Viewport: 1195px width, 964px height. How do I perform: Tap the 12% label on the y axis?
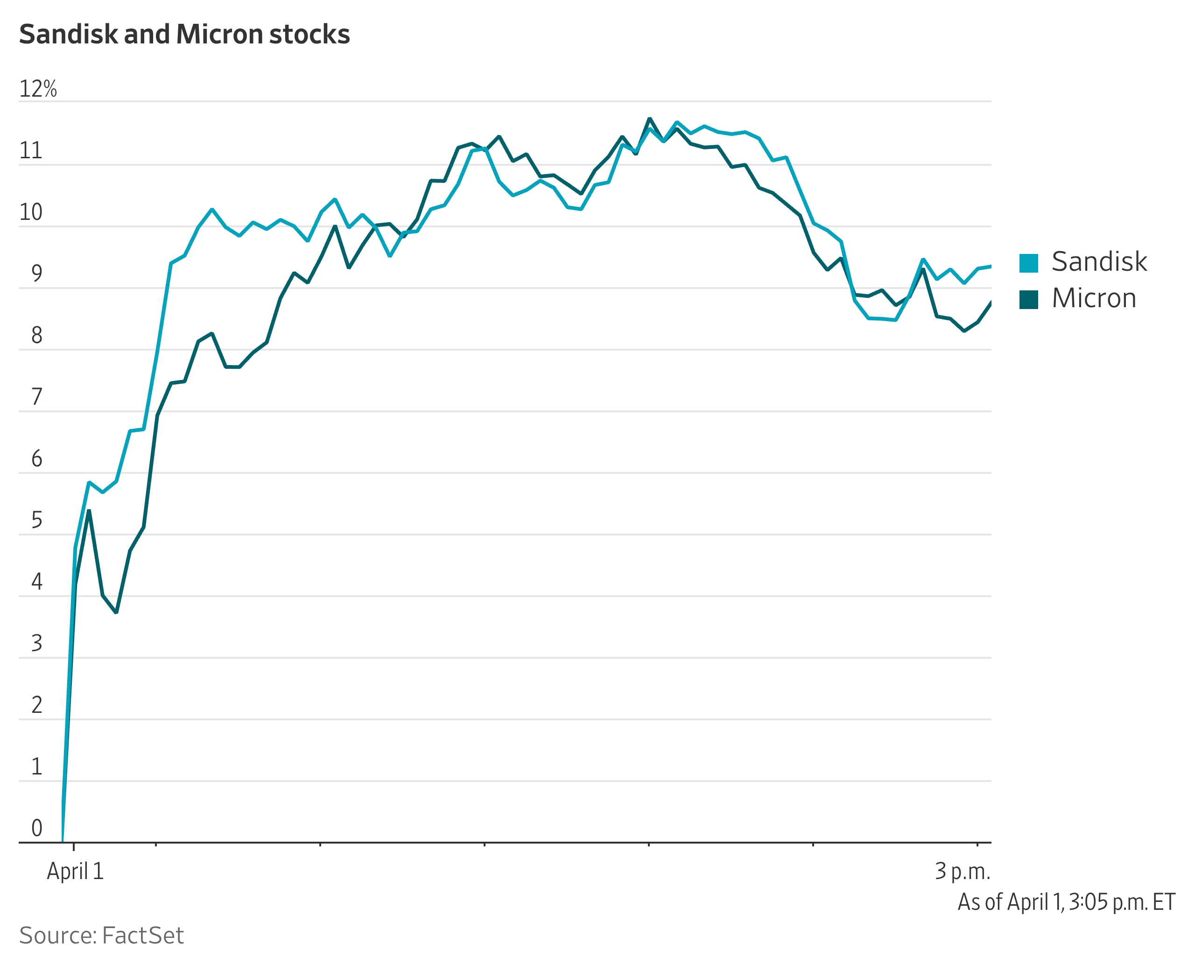coord(38,89)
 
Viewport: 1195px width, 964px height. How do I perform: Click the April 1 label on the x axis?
coord(75,871)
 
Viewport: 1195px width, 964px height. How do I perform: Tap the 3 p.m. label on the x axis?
coord(963,871)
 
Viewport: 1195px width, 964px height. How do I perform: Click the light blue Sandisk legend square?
coord(1028,263)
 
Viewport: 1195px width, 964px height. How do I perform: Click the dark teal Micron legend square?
coord(1028,299)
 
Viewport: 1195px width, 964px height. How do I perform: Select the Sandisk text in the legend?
coord(1099,261)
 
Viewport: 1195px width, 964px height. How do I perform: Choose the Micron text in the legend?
coord(1093,298)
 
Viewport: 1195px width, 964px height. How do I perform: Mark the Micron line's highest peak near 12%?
coord(649,119)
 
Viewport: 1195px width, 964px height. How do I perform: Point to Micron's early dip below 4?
coord(116,612)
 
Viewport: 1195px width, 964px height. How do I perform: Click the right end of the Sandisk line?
coord(990,267)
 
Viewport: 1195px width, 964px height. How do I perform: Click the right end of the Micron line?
coord(990,303)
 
